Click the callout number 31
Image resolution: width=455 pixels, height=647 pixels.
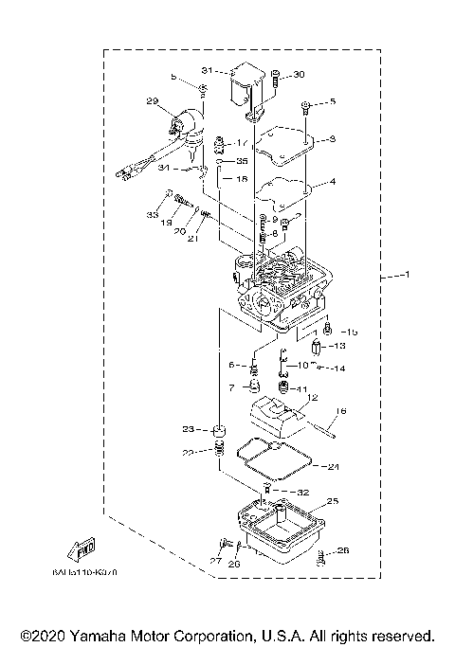208,71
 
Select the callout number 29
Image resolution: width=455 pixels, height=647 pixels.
151,101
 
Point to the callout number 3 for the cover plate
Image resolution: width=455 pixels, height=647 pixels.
332,139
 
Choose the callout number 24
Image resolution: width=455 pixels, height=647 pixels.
332,466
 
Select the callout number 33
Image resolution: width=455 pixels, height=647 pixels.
152,216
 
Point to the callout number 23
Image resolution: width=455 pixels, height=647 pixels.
189,429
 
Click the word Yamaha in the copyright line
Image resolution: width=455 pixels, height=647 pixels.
100,635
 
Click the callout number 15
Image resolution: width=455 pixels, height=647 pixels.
352,332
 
